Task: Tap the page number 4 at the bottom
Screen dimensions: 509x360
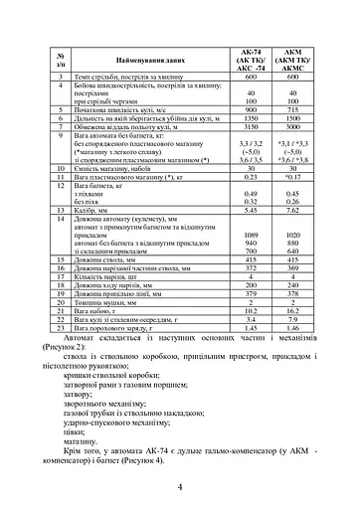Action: click(x=179, y=486)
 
